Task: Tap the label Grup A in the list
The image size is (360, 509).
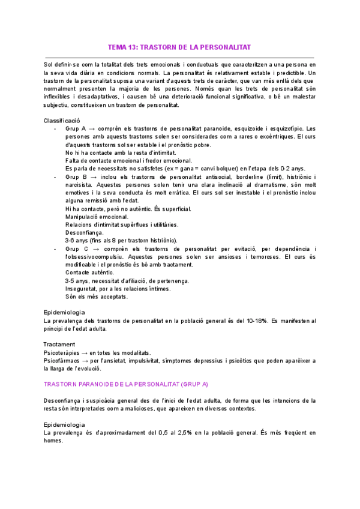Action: click(76, 129)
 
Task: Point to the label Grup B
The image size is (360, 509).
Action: click(76, 177)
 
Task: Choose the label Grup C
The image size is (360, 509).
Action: click(76, 248)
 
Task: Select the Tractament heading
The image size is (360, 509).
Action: click(59, 345)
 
